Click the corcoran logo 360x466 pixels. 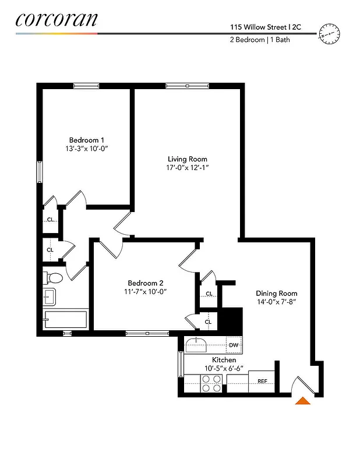[57, 19]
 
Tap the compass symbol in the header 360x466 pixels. [329, 35]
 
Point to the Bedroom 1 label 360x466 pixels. [87, 140]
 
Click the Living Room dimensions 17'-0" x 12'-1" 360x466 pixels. [187, 168]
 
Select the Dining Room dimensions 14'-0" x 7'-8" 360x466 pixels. [277, 302]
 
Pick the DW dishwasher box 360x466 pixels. [234, 345]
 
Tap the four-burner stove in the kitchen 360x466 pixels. [211, 382]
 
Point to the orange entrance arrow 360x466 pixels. [303, 400]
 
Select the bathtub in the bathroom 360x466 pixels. [66, 320]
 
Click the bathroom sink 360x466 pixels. [48, 296]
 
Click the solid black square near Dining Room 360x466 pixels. [233, 320]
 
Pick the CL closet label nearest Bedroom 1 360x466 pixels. [51, 220]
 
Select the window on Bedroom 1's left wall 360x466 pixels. [40, 172]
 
